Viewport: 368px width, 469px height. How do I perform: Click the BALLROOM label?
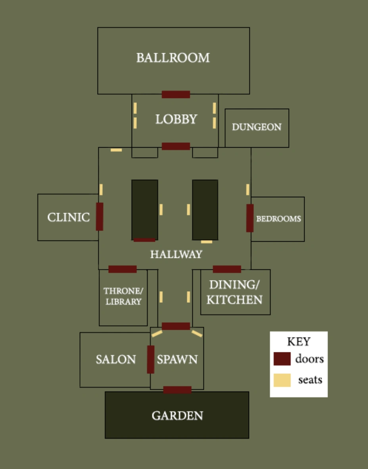[173, 58]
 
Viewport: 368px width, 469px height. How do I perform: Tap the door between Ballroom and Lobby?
[176, 94]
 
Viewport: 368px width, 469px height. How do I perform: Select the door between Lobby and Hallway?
[176, 146]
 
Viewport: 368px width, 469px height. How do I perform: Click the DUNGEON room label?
[257, 127]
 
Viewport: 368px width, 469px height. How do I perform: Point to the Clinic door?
[100, 217]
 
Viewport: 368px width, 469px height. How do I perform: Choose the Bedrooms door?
[250, 218]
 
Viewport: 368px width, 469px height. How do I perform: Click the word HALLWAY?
[176, 254]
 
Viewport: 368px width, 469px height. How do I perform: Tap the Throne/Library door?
[123, 269]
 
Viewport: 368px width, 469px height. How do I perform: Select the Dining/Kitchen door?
[227, 269]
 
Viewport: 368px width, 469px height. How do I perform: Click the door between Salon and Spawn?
[151, 359]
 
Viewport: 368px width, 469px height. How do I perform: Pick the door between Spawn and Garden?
[177, 390]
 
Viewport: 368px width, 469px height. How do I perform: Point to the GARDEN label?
[177, 416]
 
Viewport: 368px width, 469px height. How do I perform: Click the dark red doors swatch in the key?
[282, 359]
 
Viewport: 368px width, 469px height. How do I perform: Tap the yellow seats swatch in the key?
[282, 380]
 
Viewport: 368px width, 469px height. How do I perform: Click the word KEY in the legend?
[299, 342]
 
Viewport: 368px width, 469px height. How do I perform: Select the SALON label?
[116, 359]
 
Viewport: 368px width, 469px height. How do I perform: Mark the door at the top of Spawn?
[176, 326]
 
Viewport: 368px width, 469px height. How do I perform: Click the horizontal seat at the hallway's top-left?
[116, 150]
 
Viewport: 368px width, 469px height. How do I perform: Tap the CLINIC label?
[69, 217]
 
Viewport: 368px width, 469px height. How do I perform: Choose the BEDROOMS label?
[278, 219]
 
